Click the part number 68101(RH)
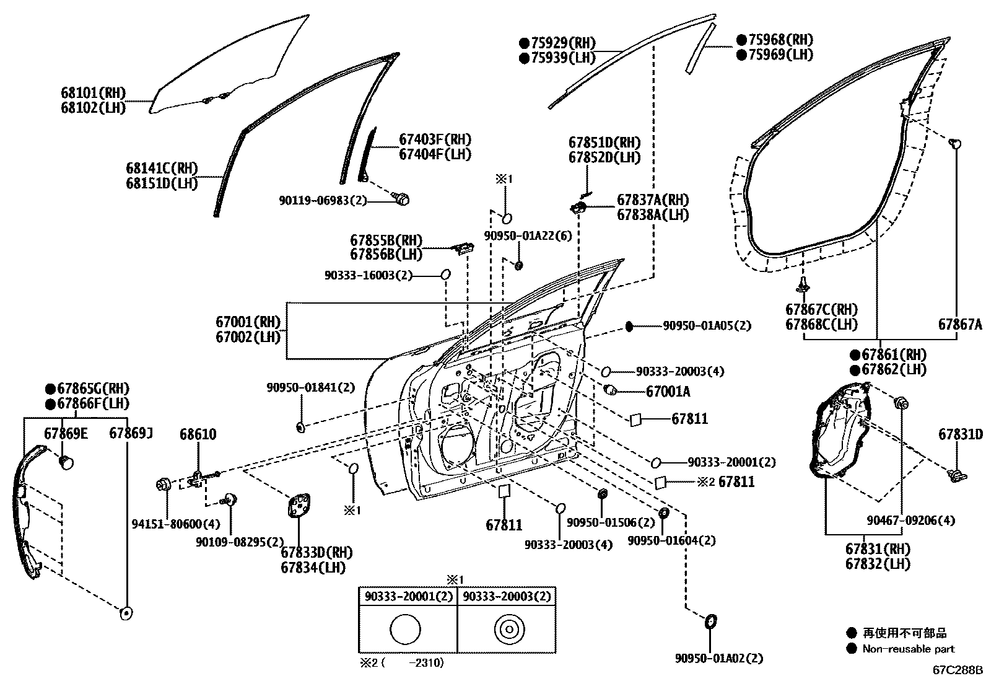pos(93,93)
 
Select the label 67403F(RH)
pos(435,139)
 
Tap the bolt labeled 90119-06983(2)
pos(402,199)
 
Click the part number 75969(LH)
pos(775,55)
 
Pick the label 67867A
pos(959,324)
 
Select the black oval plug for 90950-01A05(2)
pos(629,326)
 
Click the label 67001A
pos(668,392)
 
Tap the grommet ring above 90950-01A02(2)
pos(711,621)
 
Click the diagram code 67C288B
pos(958,670)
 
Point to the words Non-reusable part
pos(909,649)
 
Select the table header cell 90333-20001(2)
pos(408,596)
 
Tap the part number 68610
pos(198,434)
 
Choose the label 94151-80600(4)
pos(175,524)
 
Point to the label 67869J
pos(131,433)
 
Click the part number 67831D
pos(960,434)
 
